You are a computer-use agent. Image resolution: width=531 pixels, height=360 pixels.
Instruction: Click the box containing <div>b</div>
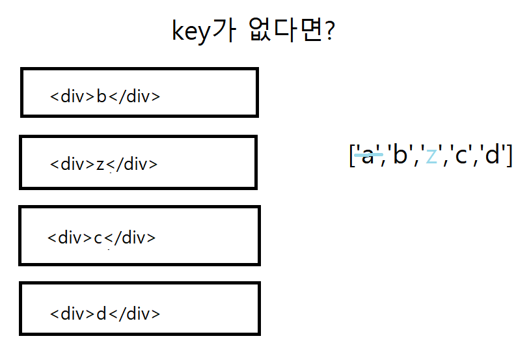coord(139,92)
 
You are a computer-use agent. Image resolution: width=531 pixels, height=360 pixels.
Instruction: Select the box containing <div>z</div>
coord(138,162)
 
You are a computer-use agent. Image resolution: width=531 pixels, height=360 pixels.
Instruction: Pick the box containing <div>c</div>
coord(139,236)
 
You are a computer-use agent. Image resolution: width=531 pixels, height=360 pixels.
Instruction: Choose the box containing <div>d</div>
coord(139,309)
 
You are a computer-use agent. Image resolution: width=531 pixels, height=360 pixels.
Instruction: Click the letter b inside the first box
coord(101,97)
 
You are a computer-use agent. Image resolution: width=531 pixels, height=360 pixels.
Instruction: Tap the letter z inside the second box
coord(100,164)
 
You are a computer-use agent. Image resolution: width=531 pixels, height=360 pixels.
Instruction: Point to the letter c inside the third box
coord(98,238)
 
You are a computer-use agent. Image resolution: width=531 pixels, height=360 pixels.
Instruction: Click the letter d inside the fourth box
coord(101,314)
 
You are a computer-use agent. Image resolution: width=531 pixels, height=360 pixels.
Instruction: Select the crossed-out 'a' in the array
coord(368,155)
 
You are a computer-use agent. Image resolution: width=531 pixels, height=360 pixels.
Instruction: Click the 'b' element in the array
coord(400,155)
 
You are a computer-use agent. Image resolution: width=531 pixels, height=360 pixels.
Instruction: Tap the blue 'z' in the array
coord(431,155)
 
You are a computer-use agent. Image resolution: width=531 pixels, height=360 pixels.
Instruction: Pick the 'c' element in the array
coord(461,155)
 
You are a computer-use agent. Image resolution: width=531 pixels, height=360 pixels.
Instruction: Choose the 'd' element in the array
coord(493,155)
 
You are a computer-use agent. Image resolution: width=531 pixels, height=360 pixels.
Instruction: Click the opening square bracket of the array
coord(352,155)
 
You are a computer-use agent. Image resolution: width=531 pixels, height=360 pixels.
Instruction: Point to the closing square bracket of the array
coord(509,155)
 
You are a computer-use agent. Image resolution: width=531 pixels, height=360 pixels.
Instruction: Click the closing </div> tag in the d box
coord(134,314)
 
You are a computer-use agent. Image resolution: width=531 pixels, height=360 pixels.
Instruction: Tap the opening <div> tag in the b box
coord(72,97)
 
